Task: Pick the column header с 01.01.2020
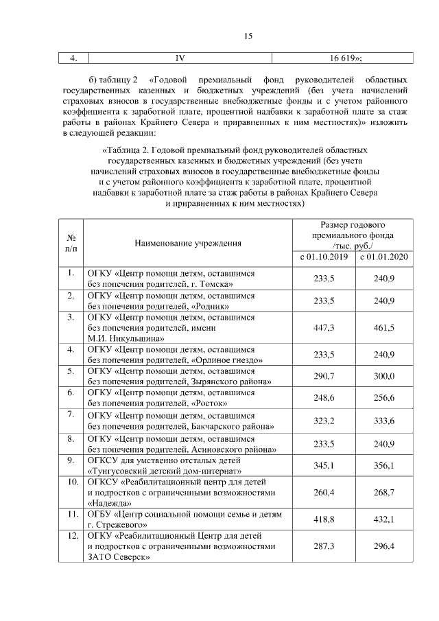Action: (383, 257)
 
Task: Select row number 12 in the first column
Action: (71, 535)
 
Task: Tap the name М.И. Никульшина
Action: (124, 338)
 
